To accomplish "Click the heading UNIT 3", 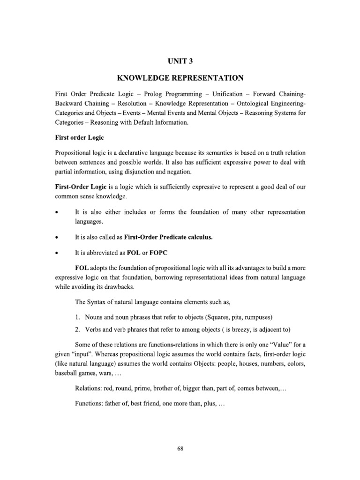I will tap(180, 61).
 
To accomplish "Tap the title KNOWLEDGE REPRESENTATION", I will tap(180, 78).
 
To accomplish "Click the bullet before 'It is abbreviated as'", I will tap(56, 253).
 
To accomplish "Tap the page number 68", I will tap(180, 449).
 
